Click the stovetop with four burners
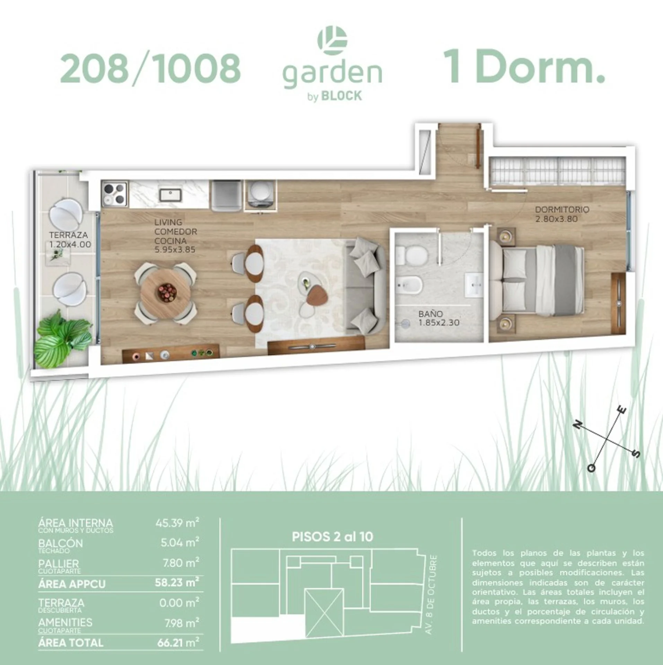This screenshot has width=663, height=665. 115,194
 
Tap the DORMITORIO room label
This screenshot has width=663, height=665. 562,210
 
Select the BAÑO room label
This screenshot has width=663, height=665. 430,314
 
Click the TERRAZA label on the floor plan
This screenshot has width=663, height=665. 68,235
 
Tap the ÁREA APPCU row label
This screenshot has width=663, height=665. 72,584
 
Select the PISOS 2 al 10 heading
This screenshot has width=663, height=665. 332,537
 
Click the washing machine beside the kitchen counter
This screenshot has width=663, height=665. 261,195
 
